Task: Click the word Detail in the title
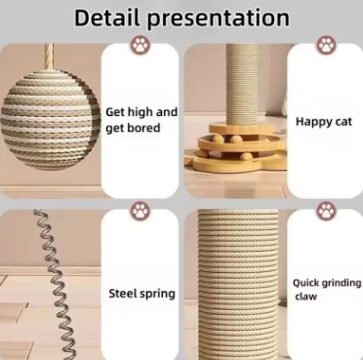tap(107, 18)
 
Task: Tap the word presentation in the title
tap(218, 20)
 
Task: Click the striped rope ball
tap(51, 119)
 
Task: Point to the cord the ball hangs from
tap(49, 57)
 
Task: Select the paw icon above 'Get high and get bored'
tap(141, 45)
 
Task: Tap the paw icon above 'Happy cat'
tap(326, 45)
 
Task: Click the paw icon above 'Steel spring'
tap(141, 211)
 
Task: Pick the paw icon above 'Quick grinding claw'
tap(326, 211)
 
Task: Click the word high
tap(141, 112)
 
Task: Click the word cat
tap(343, 122)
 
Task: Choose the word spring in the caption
tap(158, 295)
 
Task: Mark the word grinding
tap(342, 284)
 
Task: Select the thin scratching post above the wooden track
tap(242, 85)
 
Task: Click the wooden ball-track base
tap(237, 148)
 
